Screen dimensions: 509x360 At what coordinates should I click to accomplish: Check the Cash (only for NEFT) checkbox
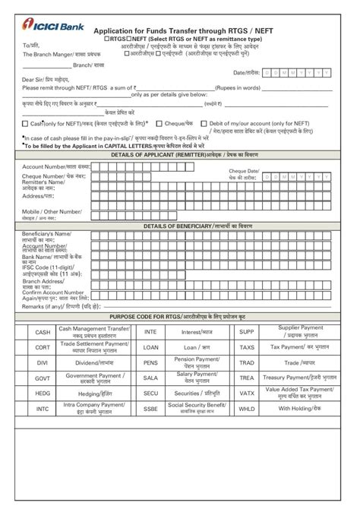tap(26, 123)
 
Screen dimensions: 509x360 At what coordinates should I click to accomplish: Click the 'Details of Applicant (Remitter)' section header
tap(181, 155)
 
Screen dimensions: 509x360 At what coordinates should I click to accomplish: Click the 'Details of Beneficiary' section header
tap(181, 226)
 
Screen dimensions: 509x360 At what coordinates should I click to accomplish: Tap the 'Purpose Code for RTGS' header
tap(181, 315)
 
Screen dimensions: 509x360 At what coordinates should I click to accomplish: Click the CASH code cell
tap(43, 332)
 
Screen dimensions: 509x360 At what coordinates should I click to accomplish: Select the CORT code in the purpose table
tap(43, 347)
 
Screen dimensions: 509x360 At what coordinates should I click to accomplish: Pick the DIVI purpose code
tap(43, 362)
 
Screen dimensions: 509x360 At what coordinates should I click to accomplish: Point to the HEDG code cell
tap(43, 393)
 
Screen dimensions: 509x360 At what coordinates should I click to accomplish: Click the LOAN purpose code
tap(150, 347)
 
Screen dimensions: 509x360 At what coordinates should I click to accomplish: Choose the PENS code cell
tap(150, 362)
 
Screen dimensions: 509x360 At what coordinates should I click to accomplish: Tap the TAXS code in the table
tap(247, 347)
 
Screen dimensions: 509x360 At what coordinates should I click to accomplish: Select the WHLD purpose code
tap(247, 408)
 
